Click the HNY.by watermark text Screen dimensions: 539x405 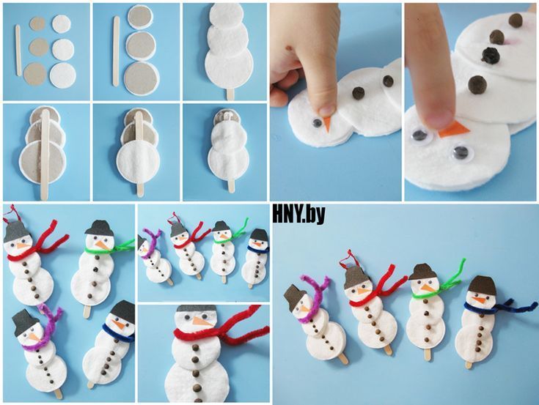tap(298, 215)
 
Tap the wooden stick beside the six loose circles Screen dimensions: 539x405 tap(18, 51)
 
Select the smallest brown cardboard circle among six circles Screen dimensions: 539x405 tap(37, 23)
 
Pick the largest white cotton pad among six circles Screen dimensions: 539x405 tap(63, 75)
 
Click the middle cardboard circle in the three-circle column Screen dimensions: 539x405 tap(141, 45)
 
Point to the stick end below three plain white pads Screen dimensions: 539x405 tap(230, 94)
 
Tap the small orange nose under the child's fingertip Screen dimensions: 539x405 tap(327, 125)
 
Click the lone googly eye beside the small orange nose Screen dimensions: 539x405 tap(316, 123)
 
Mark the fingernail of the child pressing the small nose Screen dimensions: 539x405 tap(327, 111)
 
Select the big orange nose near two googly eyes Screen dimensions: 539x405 tap(454, 130)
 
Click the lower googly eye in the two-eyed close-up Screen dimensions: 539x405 tap(461, 152)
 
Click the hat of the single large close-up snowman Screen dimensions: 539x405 tap(197, 308)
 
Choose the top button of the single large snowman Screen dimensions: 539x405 tap(196, 348)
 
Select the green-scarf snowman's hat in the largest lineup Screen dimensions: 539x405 tap(423, 272)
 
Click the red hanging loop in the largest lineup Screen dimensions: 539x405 tap(347, 259)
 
